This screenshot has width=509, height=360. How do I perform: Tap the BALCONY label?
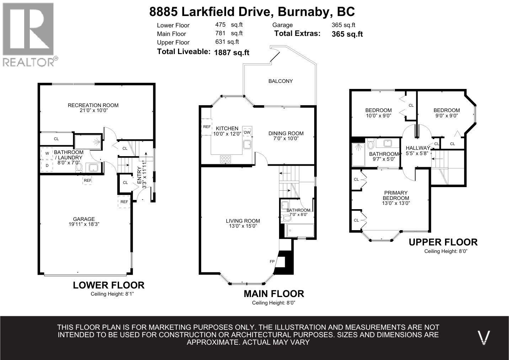tap(280, 81)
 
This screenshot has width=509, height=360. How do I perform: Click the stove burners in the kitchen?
tap(225, 159)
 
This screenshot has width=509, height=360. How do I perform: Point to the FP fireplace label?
tap(272, 261)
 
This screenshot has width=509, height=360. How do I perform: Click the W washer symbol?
tap(47, 153)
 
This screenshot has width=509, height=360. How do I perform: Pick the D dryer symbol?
tap(47, 165)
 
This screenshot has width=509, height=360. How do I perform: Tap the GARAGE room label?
tap(84, 219)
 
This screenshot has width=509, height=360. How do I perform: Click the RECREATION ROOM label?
tap(93, 105)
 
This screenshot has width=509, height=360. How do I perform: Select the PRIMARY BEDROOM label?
tap(396, 195)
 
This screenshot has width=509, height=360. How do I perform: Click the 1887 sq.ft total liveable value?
tap(232, 53)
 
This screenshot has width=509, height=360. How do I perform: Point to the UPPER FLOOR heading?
tap(443, 242)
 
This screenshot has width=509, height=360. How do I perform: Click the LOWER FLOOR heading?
tap(108, 285)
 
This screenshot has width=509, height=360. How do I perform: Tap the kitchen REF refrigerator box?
tap(207, 127)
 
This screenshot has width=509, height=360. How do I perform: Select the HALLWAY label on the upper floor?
tap(418, 148)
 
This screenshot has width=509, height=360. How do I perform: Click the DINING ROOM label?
tap(286, 133)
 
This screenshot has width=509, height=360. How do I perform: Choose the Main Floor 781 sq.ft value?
tap(229, 33)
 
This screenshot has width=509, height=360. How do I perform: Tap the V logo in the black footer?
tap(484, 337)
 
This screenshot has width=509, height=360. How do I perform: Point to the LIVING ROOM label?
tap(243, 221)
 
